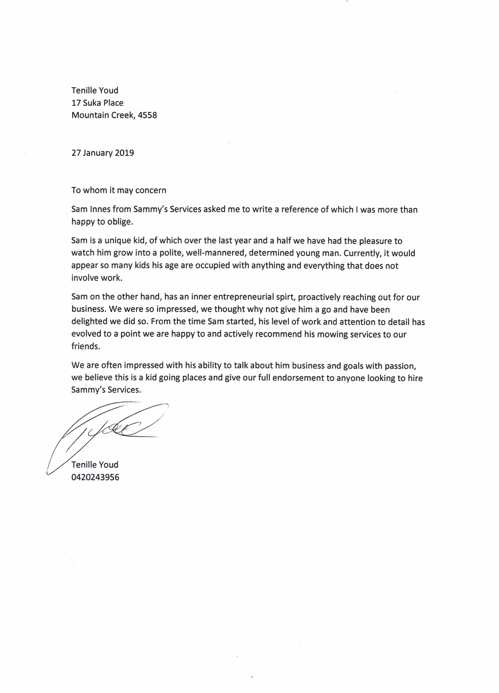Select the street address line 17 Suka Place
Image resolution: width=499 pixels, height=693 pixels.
(x=97, y=103)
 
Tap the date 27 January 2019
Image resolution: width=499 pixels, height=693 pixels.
(x=103, y=153)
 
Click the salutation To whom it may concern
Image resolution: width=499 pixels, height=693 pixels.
(x=119, y=190)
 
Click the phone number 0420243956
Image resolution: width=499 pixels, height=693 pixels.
(x=95, y=477)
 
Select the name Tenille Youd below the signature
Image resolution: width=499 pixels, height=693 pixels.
(x=95, y=465)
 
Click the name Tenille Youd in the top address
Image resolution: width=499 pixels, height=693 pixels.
(x=95, y=90)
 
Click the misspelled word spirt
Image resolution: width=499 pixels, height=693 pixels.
(x=286, y=297)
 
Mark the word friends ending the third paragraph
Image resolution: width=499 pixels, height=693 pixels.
(x=86, y=346)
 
